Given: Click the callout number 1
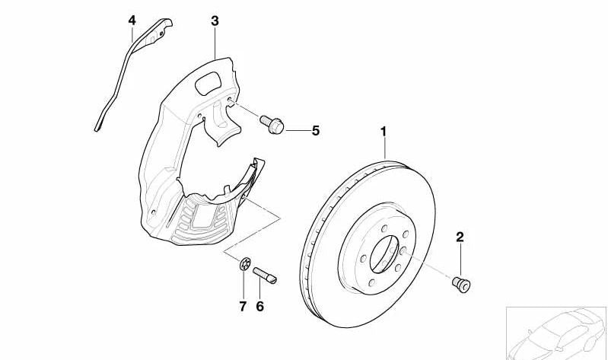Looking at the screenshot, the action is (383, 132).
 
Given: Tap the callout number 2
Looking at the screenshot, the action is (460, 237).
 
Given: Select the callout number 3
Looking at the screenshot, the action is (215, 21).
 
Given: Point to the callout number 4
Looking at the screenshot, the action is (132, 21).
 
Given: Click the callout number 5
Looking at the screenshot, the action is (316, 131).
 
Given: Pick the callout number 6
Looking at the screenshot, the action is (259, 307).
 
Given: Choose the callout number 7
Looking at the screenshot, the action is (243, 307).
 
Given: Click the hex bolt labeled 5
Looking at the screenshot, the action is (272, 124).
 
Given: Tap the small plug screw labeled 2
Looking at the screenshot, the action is (461, 284).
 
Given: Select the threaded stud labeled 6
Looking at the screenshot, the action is (265, 275).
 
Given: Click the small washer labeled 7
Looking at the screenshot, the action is (244, 265).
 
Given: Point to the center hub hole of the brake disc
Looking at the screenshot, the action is (384, 254).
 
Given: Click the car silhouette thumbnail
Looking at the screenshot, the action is (557, 333).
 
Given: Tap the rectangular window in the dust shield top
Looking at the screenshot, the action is (208, 83).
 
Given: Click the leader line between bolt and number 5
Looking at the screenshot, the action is (298, 131).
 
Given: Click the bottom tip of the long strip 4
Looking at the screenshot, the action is (97, 129).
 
